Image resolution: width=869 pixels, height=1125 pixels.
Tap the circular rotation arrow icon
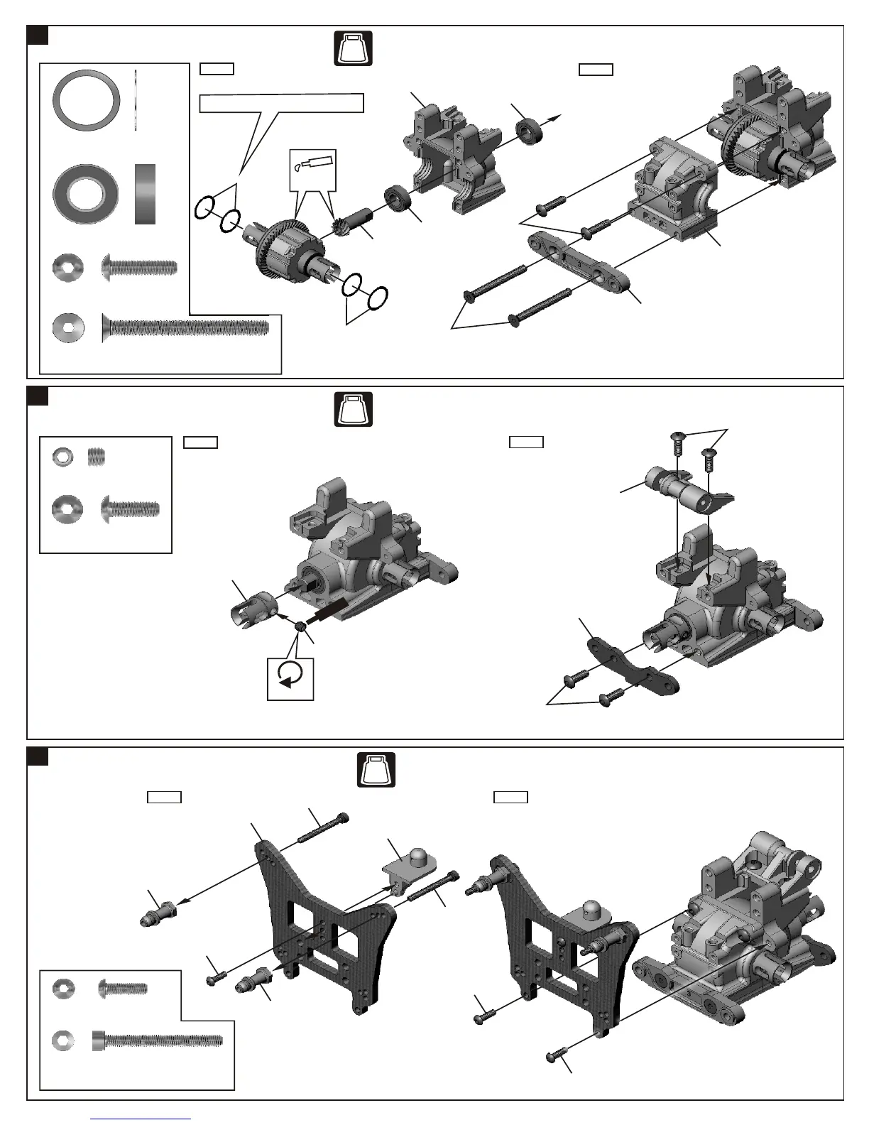[290, 674]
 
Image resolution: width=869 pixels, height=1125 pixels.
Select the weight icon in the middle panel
[353, 408]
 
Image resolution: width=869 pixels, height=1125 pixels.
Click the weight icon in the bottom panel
[376, 769]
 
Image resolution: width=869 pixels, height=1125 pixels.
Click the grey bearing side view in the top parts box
[145, 194]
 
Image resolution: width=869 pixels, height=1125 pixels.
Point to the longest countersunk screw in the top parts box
[185, 327]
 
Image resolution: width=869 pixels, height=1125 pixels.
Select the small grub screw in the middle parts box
[96, 456]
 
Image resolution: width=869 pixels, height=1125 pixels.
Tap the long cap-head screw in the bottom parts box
[157, 1041]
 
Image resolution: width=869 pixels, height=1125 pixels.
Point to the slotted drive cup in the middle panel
[253, 609]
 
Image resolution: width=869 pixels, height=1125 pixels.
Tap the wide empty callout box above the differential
[281, 103]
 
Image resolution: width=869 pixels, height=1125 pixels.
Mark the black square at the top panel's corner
[38, 35]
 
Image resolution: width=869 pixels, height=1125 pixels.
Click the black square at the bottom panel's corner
[38, 756]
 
